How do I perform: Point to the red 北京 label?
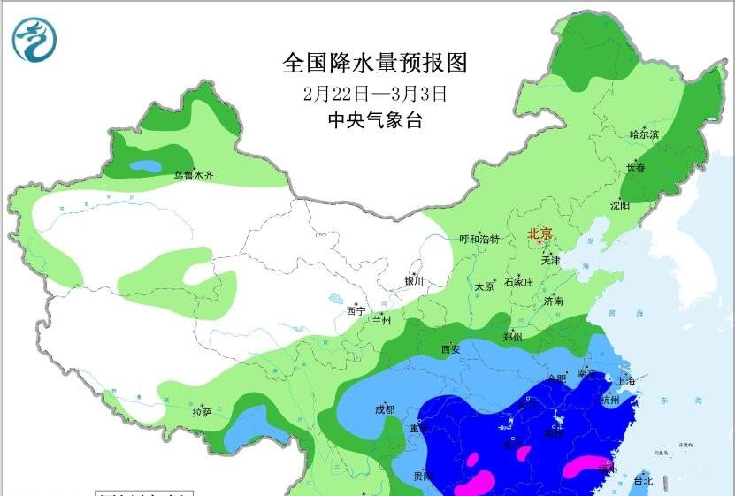tap(540, 234)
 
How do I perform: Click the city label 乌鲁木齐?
tap(194, 176)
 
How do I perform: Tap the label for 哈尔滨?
tap(644, 134)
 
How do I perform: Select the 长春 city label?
tap(635, 166)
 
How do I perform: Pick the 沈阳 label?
tap(619, 205)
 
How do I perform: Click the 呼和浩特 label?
tap(479, 239)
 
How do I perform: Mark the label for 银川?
tap(414, 281)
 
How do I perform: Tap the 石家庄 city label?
tap(518, 283)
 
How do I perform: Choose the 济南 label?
tap(555, 301)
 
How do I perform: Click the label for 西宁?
tap(356, 310)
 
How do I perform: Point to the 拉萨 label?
tap(202, 412)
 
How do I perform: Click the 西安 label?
tap(449, 349)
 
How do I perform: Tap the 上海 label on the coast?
tap(626, 381)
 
